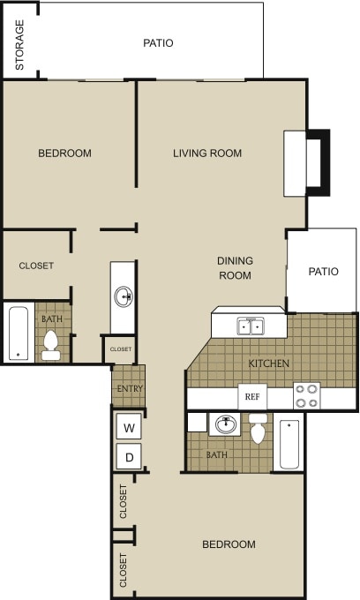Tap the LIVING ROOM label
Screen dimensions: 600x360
[x=207, y=153]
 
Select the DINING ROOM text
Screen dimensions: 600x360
[x=236, y=267]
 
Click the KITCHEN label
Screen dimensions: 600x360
[x=269, y=363]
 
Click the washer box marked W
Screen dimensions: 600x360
[x=129, y=428]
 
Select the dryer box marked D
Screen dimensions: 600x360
[x=129, y=457]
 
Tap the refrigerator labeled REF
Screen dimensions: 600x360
[x=251, y=397]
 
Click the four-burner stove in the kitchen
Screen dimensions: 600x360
[x=306, y=396]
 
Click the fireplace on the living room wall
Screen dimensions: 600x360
[x=305, y=163]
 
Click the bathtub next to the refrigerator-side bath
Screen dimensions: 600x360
[x=289, y=444]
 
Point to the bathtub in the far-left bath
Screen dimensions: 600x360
[x=18, y=333]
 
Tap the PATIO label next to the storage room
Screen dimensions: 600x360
[x=158, y=42]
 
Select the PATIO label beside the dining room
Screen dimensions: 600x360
[x=323, y=271]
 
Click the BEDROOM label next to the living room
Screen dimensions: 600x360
[x=64, y=153]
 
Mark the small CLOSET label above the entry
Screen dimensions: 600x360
[x=121, y=349]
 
